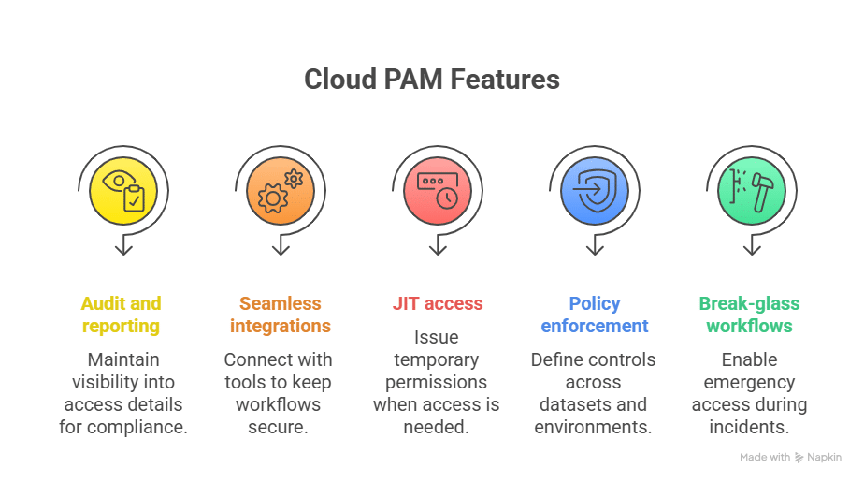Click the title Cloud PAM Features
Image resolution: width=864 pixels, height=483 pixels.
[x=431, y=80]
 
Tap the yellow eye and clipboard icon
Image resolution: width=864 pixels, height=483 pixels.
[x=123, y=190]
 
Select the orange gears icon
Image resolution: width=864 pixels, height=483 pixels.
[x=281, y=190]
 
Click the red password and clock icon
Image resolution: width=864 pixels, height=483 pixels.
[x=437, y=190]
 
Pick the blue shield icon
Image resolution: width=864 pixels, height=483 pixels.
[x=594, y=190]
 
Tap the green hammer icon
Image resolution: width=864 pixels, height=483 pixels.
[x=751, y=190]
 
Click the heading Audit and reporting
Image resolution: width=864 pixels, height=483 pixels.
[x=121, y=315]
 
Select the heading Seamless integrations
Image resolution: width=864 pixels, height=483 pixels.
[x=280, y=315]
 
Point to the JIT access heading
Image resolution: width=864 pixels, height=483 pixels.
[x=437, y=303]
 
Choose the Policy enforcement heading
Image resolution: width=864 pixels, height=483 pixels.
[x=595, y=315]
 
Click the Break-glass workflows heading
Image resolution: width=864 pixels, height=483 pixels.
[x=749, y=315]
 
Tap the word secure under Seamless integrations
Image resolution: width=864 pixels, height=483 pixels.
[x=280, y=428]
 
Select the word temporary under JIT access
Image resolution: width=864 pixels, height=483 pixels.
[x=436, y=359]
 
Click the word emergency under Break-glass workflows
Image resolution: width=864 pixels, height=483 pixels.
[x=749, y=382]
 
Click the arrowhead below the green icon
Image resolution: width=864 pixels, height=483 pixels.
[x=752, y=249]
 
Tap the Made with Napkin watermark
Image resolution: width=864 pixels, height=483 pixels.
[x=790, y=458]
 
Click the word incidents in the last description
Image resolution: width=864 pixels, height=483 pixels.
[x=749, y=428]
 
